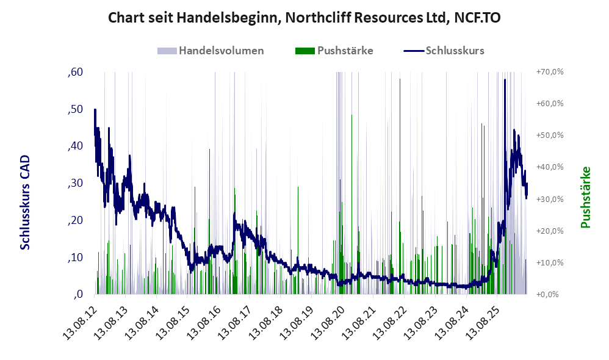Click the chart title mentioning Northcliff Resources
coord(304,18)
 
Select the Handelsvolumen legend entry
coord(211,51)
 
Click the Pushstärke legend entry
coord(334,51)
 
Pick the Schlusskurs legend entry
coord(444,51)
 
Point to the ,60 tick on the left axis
coord(75,72)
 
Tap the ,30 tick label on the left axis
coord(75,183)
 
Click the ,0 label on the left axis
coord(78,294)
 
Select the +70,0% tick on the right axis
coord(550,72)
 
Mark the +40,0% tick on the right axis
coord(550,167)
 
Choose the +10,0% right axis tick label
coord(550,262)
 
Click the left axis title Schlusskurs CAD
coord(25,203)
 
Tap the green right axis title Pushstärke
coord(585,197)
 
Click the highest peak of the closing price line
coord(505,80)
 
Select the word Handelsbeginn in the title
coord(228,18)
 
